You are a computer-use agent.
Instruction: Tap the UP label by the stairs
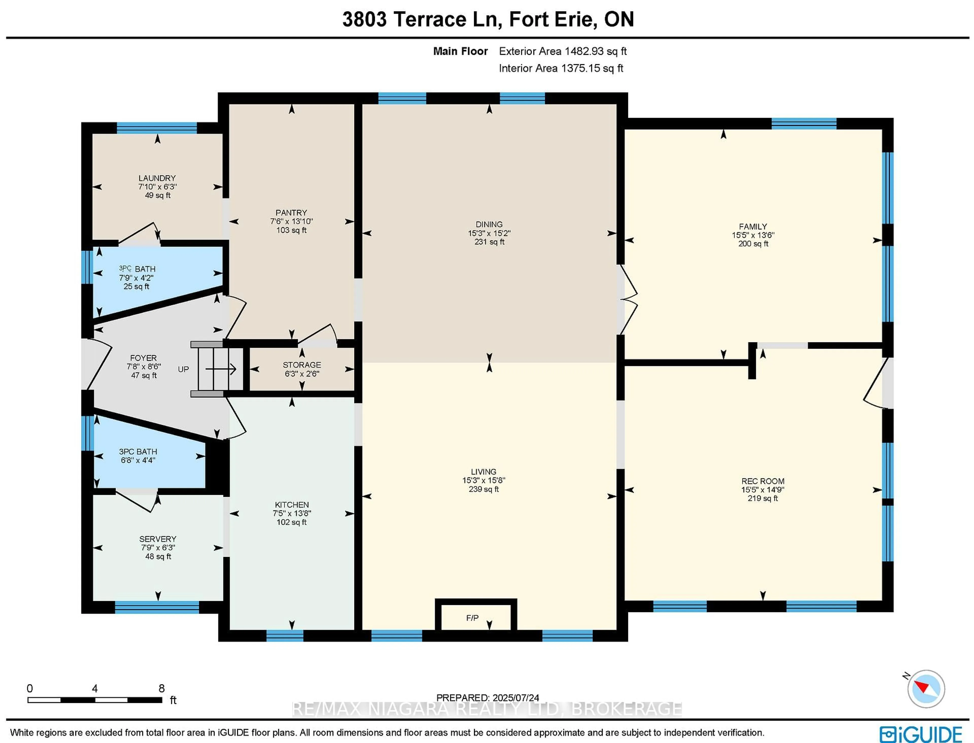183,369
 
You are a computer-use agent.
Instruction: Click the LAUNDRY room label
157,178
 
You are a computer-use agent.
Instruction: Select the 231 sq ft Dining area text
489,242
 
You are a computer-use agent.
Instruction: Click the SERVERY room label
158,539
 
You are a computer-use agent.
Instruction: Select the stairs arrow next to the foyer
221,369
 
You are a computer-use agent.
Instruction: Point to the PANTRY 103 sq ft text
291,230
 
